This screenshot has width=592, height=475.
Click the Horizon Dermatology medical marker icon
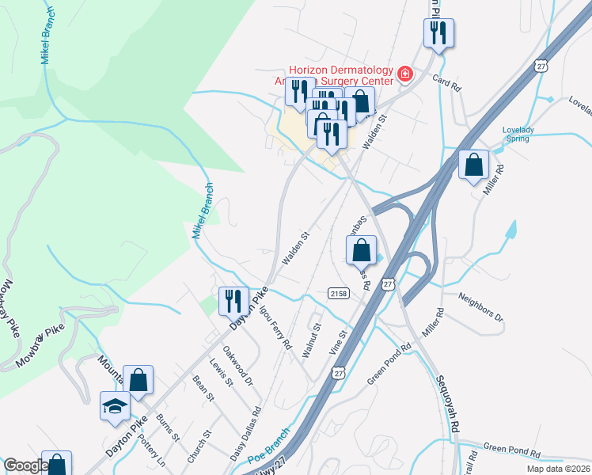405,74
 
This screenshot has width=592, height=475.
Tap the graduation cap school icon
115,407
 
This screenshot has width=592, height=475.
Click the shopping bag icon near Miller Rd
473,165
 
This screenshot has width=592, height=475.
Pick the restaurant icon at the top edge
437,32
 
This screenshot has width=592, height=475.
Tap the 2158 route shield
338,294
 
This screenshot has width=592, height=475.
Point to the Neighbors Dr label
480,307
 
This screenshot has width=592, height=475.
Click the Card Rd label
446,82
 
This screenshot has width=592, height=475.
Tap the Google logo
25,465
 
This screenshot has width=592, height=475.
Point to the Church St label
201,447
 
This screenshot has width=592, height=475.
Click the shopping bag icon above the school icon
139,379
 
